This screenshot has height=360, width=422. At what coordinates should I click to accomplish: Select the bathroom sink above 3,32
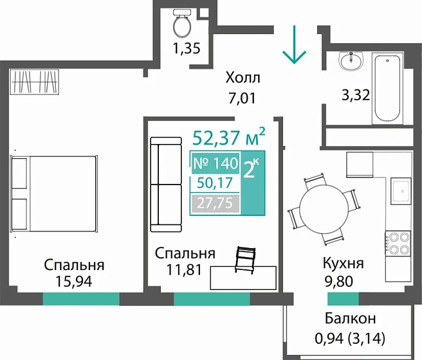(351, 62)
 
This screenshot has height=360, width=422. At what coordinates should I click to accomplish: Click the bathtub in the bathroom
(387, 88)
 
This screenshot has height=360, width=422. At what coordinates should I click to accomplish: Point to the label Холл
(243, 79)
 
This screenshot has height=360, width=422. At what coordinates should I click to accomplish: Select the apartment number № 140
(216, 163)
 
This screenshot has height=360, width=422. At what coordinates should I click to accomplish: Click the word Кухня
(343, 264)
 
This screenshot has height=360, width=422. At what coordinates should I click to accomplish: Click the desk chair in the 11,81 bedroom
(246, 259)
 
